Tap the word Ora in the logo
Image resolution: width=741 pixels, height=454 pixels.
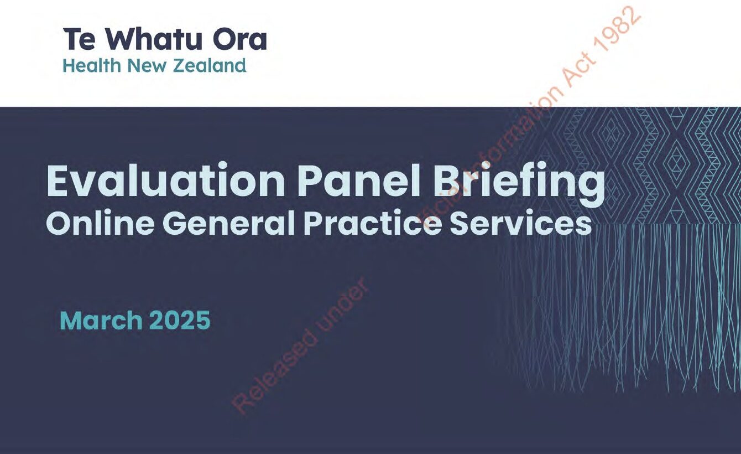tap(240, 39)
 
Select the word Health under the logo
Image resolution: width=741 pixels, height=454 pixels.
tap(92, 65)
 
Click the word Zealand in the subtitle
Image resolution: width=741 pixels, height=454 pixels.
tap(210, 65)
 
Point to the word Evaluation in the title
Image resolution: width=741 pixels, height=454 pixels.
tap(165, 181)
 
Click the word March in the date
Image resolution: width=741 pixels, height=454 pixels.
tap(101, 320)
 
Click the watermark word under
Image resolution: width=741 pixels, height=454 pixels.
tap(341, 305)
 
